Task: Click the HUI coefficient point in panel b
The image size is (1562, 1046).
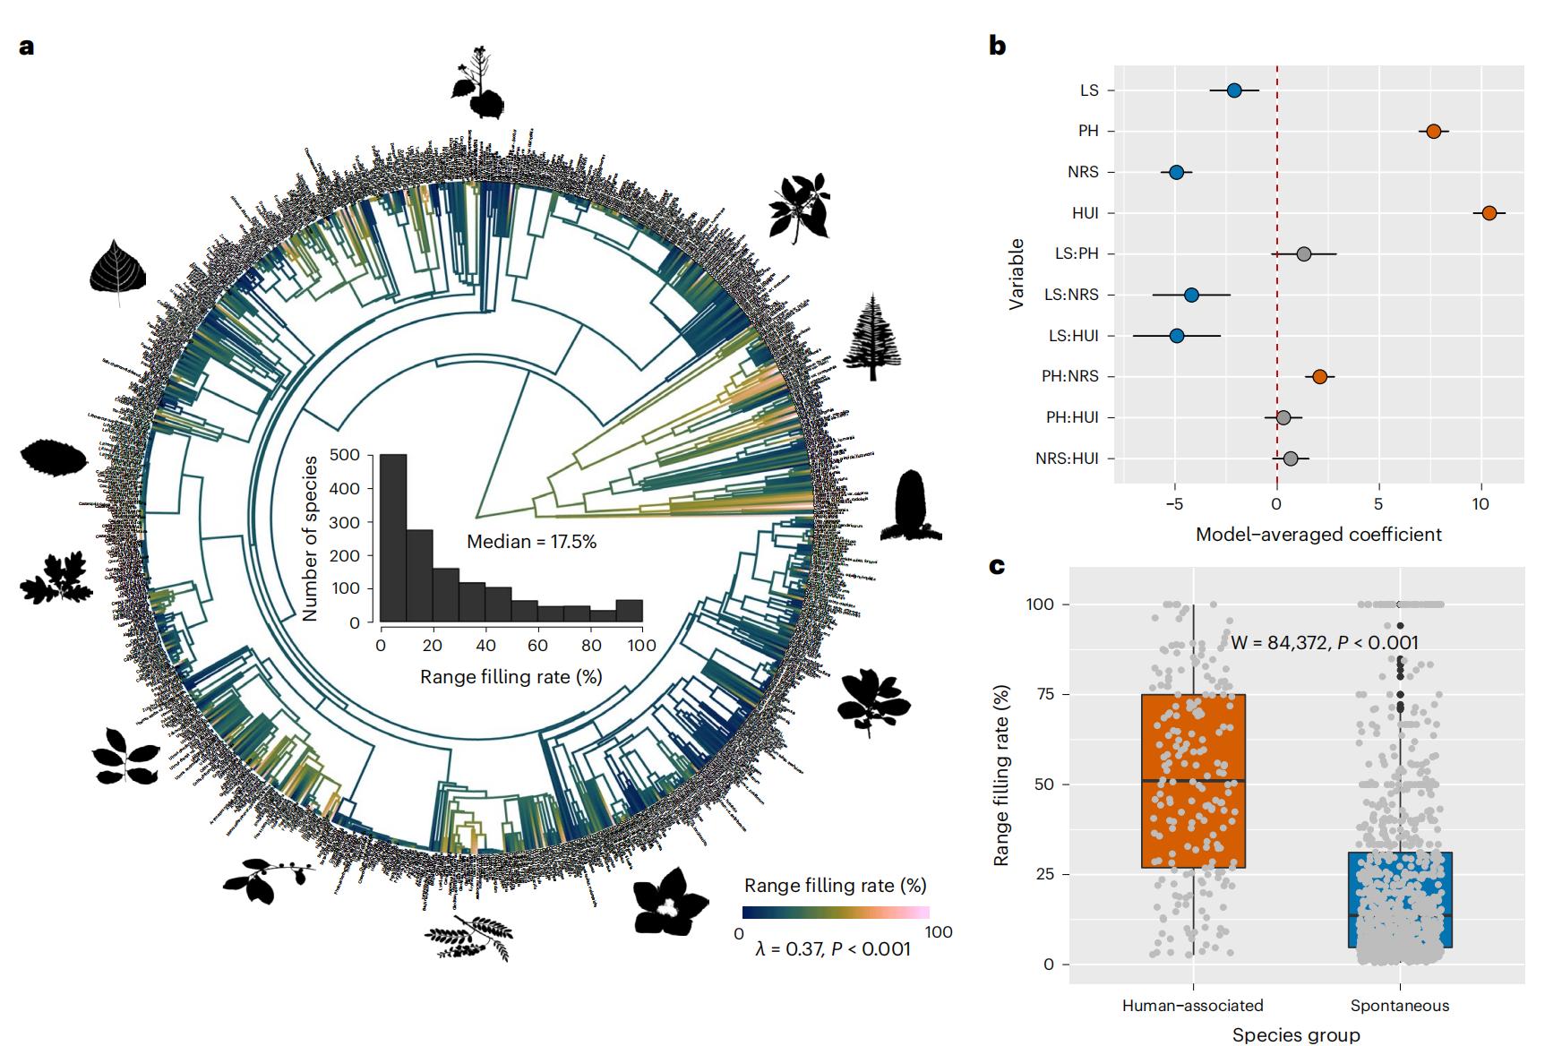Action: point(1489,213)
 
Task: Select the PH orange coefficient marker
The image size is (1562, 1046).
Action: point(1433,132)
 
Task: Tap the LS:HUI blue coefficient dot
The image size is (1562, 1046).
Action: point(1176,336)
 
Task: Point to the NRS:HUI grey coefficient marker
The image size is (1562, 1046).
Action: point(1290,459)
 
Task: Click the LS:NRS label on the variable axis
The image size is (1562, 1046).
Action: point(1070,295)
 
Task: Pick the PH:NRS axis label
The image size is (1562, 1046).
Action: point(1069,376)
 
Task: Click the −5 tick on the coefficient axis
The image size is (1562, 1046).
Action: point(1174,504)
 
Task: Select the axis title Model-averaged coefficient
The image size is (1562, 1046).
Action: point(1318,535)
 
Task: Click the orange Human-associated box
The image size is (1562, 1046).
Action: point(1193,781)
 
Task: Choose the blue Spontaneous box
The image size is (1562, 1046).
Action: point(1399,899)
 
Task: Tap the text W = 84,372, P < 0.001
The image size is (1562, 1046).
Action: point(1324,642)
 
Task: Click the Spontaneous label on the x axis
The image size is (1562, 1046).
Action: point(1399,1006)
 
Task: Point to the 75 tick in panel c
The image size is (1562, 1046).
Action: point(1043,694)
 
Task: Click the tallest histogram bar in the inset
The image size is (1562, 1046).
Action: point(393,538)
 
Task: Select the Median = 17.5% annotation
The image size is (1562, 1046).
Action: point(531,542)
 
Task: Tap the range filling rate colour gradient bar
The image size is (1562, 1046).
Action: point(836,913)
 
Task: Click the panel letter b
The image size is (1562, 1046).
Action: point(997,46)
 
